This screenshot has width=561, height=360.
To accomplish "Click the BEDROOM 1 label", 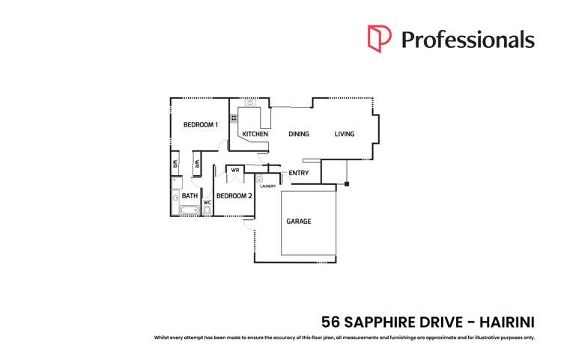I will (201, 124).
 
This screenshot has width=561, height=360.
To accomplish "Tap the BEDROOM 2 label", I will (234, 196).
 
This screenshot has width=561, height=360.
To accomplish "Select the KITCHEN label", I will (255, 134).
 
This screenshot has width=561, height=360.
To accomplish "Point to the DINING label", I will (299, 134).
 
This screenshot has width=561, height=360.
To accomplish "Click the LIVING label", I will (345, 134).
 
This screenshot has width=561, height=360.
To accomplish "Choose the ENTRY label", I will (299, 174).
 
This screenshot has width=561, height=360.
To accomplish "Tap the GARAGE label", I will (298, 222).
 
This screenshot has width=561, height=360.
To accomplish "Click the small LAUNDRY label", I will (267, 186).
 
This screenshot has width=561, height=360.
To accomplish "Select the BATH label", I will (189, 196).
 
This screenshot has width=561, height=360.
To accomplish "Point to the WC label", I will (207, 203).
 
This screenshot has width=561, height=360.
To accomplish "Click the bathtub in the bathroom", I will (189, 210).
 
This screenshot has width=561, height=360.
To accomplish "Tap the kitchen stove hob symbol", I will (234, 118).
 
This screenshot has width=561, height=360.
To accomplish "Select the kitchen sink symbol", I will (250, 103).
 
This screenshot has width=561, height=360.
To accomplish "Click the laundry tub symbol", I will (259, 179).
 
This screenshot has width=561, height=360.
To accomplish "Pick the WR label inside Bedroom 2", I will (234, 170).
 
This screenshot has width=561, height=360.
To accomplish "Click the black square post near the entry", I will (347, 183).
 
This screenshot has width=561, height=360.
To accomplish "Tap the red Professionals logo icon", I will (379, 39).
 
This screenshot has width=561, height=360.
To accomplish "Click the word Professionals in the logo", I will (467, 39).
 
